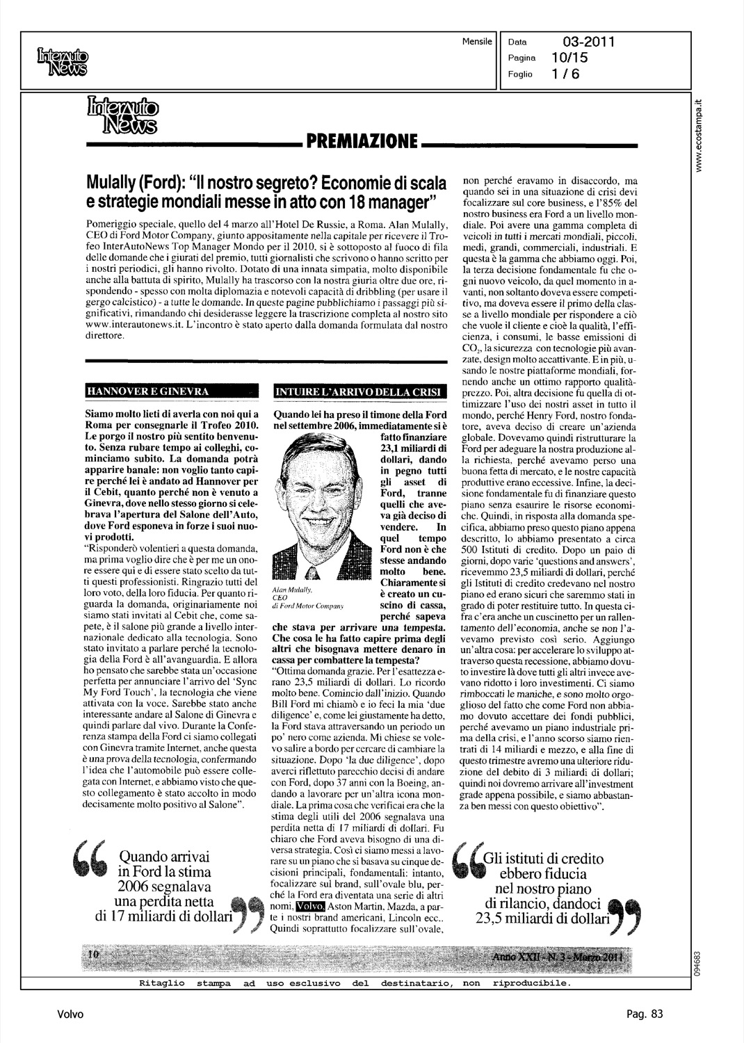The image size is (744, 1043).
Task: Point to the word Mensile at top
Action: tap(476, 42)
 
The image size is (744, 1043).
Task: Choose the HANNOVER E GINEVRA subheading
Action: tap(147, 391)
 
